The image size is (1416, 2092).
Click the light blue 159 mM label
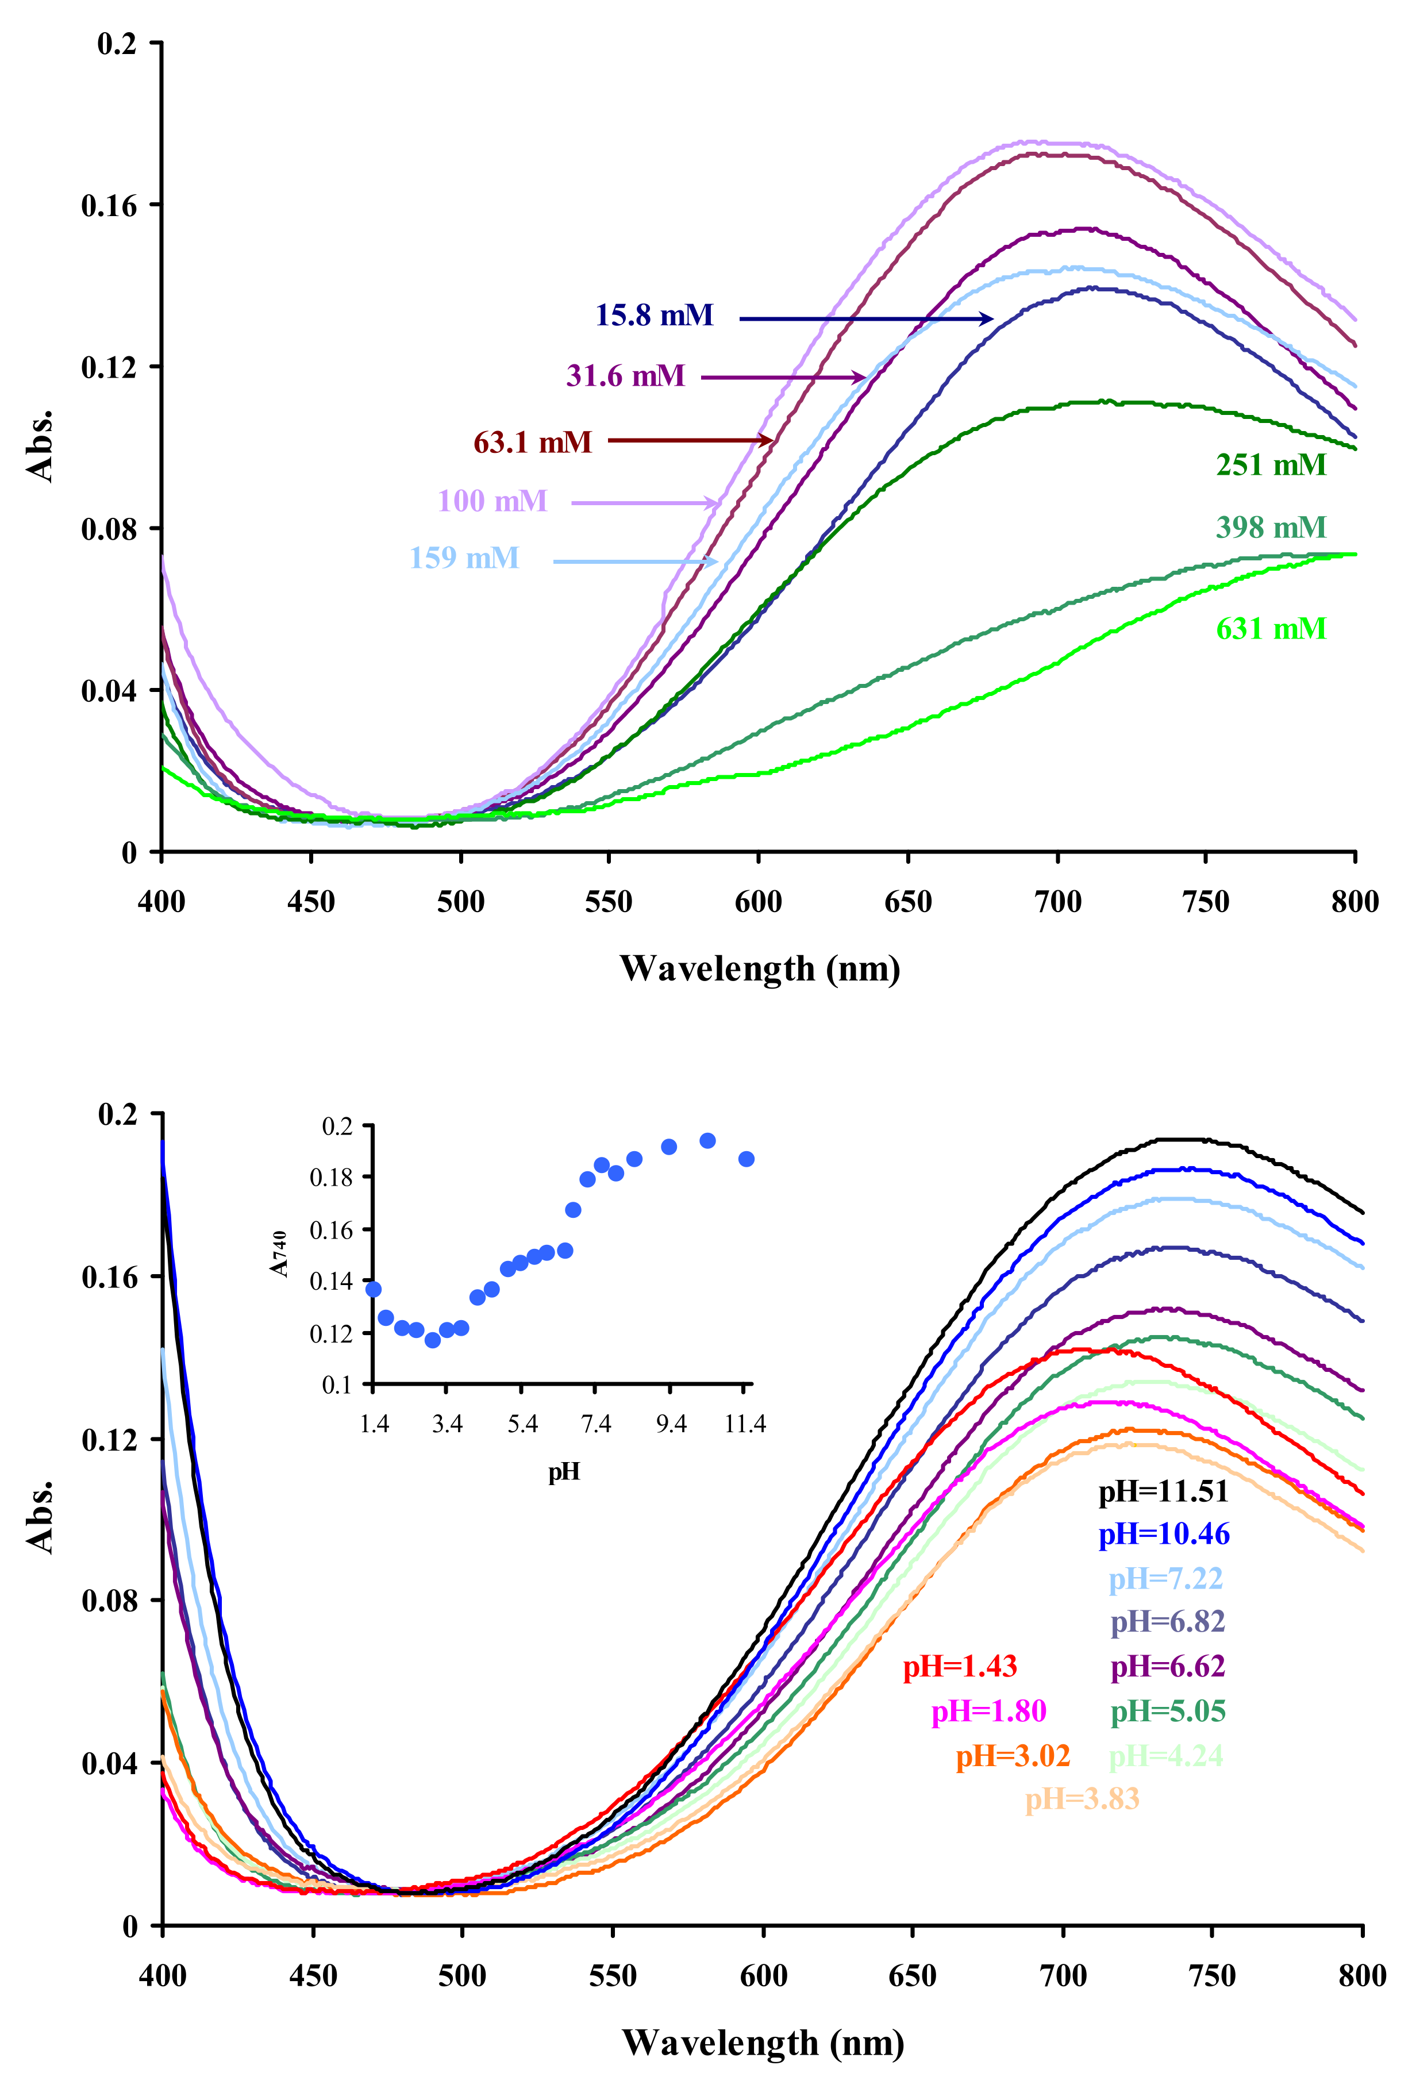[x=464, y=558]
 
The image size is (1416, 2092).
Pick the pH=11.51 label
[x=1163, y=1491]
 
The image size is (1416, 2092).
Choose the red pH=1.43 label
[x=960, y=1666]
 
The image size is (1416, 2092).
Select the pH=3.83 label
[x=1082, y=1798]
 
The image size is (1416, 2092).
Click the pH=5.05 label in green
[x=1168, y=1710]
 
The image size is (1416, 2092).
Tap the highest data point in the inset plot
[x=707, y=1140]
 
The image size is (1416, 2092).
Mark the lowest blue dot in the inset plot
[x=432, y=1340]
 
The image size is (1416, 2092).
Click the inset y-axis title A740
[x=279, y=1254]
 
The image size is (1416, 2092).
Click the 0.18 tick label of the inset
[x=330, y=1178]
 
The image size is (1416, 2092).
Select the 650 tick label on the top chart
[x=907, y=901]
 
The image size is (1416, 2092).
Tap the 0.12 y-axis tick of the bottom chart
[x=109, y=1439]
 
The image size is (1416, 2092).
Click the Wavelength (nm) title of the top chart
[x=760, y=968]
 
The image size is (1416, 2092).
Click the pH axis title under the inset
[x=564, y=1472]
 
